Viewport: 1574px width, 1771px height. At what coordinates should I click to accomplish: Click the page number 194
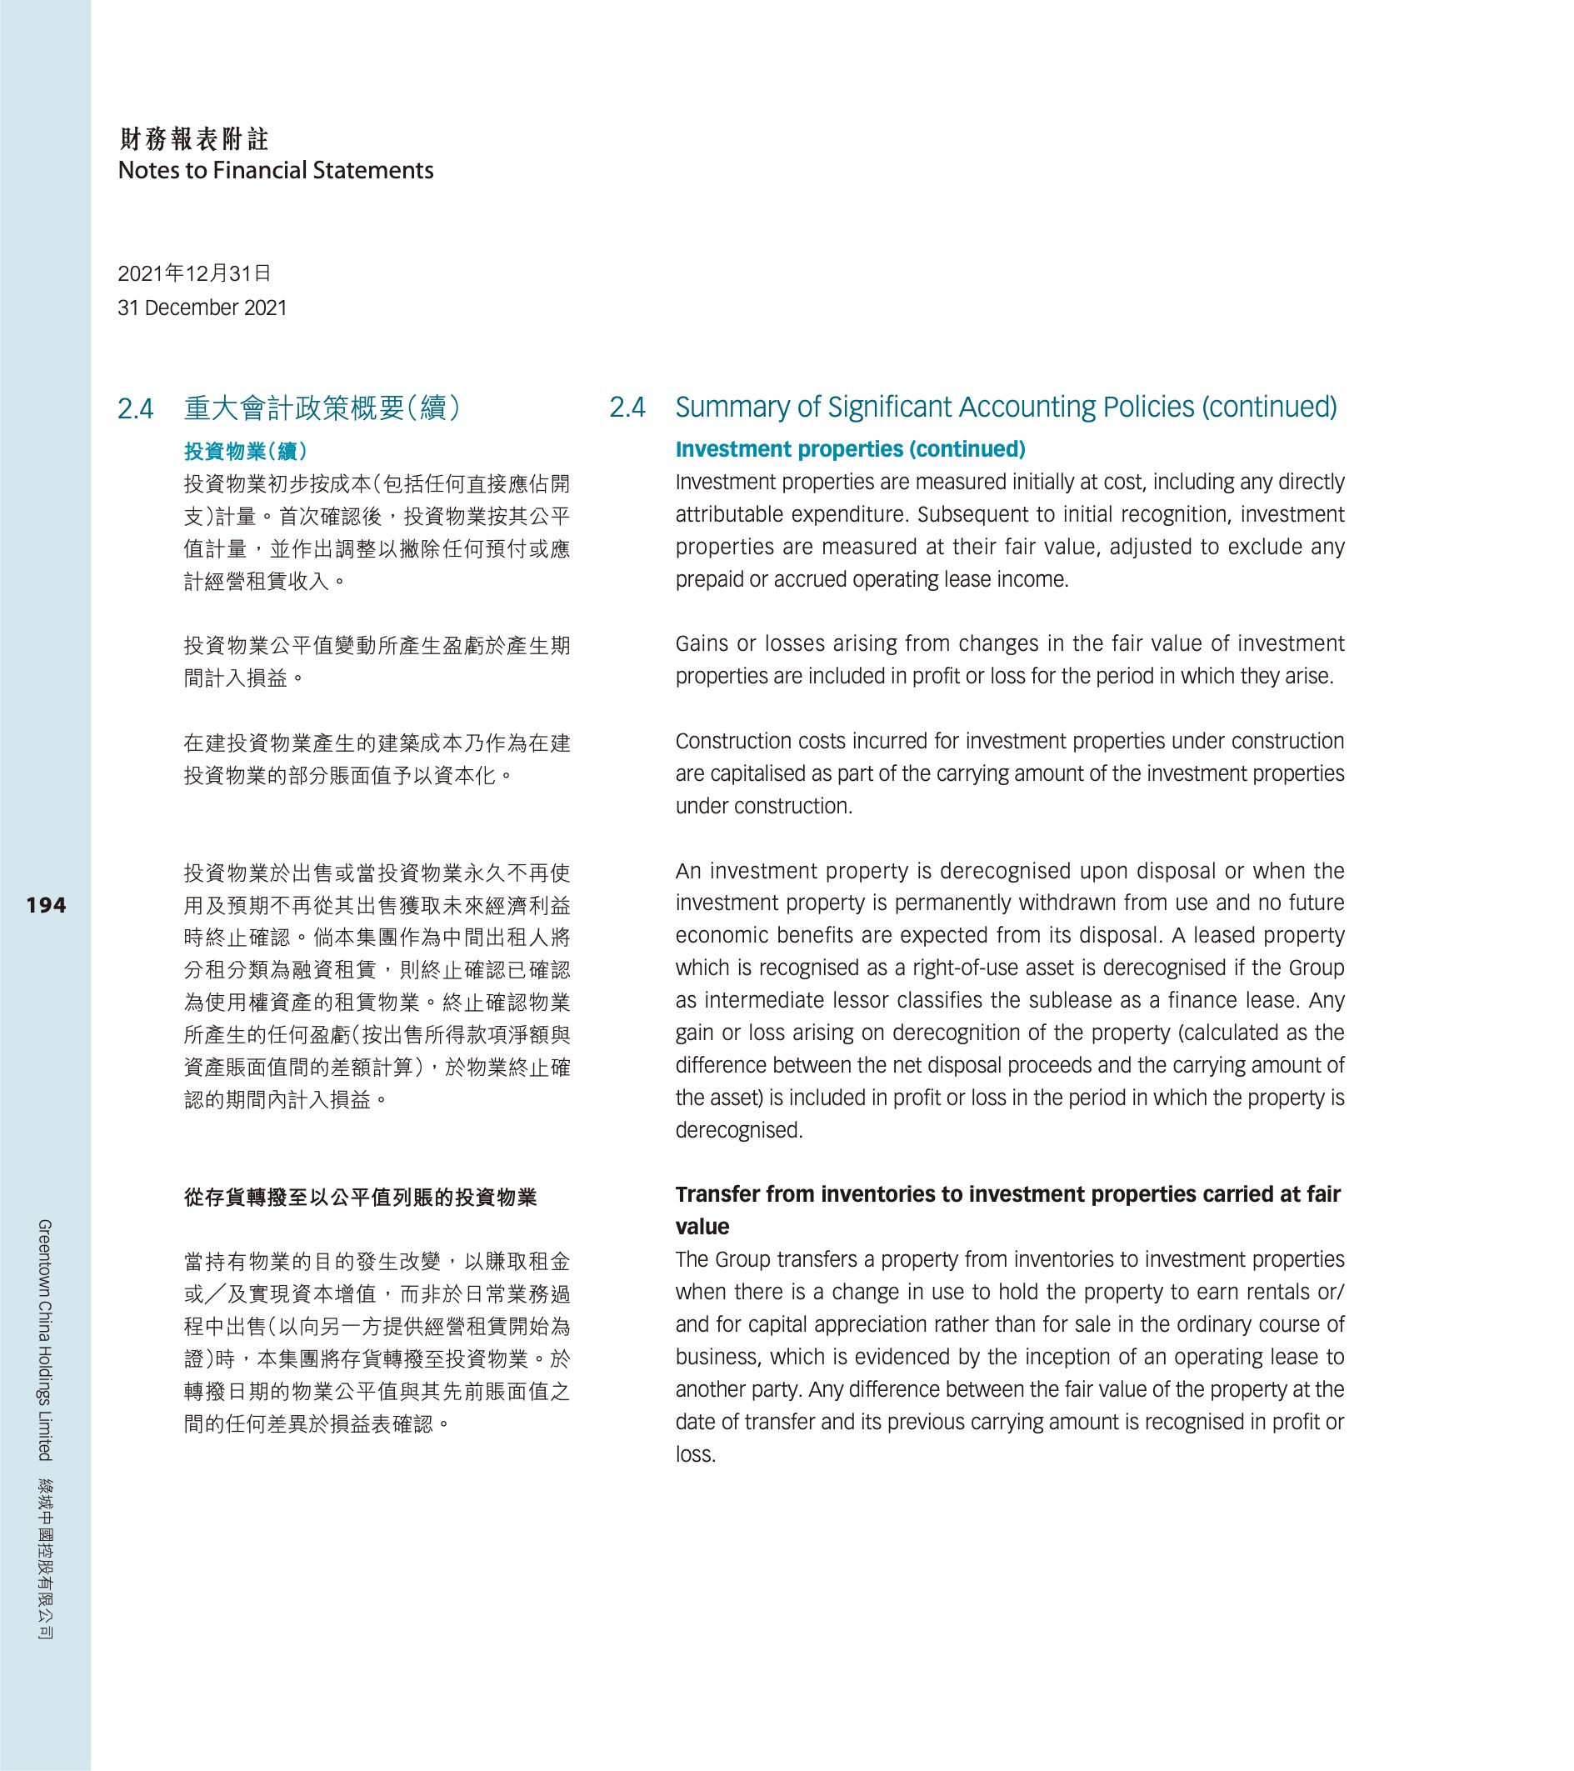pyautogui.click(x=46, y=905)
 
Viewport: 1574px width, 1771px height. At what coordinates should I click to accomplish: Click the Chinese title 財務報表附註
pyautogui.click(x=194, y=138)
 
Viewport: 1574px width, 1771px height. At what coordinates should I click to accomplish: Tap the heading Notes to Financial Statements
pyautogui.click(x=276, y=171)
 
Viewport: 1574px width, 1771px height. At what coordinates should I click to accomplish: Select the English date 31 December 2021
pyautogui.click(x=202, y=308)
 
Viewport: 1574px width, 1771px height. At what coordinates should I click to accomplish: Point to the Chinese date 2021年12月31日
pyautogui.click(x=194, y=274)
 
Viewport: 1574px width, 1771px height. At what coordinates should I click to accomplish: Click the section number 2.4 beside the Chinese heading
pyautogui.click(x=135, y=408)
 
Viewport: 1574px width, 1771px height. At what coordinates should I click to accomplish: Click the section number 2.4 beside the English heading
pyautogui.click(x=627, y=408)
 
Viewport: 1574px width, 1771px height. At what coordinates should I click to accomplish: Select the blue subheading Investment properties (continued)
pyautogui.click(x=850, y=449)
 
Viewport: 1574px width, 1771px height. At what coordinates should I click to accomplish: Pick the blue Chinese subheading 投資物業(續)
pyautogui.click(x=245, y=452)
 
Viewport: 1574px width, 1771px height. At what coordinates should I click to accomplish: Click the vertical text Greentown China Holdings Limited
pyautogui.click(x=45, y=1339)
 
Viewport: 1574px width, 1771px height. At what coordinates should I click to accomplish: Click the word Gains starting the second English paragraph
pyautogui.click(x=702, y=643)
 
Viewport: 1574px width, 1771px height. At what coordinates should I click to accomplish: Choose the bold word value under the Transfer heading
pyautogui.click(x=702, y=1227)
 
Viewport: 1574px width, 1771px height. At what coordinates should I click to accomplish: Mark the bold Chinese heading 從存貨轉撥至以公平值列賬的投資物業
pyautogui.click(x=360, y=1198)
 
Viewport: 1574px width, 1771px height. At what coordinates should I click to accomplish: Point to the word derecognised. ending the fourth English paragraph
pyautogui.click(x=739, y=1131)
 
